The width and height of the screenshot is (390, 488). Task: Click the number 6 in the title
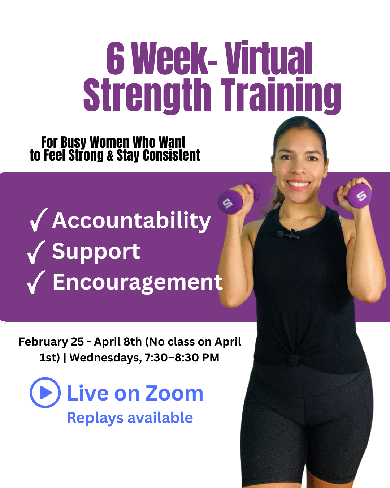click(116, 59)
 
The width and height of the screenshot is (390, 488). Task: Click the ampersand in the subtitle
click(110, 156)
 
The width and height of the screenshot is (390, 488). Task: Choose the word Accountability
click(131, 221)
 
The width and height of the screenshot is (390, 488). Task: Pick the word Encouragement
click(138, 282)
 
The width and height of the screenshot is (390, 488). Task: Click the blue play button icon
click(45, 393)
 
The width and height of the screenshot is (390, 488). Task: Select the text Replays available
click(130, 418)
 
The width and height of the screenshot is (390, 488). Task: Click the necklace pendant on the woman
click(304, 224)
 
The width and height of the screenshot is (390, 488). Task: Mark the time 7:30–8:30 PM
click(182, 358)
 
